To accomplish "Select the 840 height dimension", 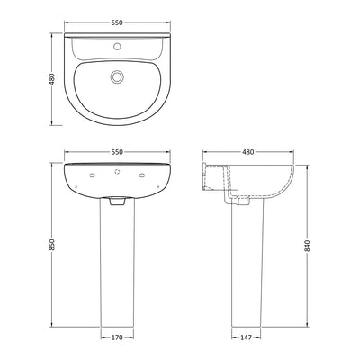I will (x=310, y=246).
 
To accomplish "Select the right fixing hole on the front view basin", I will (x=139, y=175).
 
